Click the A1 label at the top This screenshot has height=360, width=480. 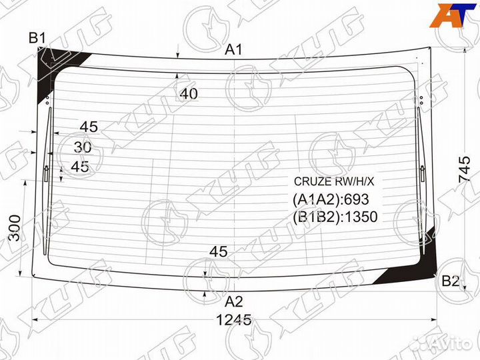click(x=233, y=49)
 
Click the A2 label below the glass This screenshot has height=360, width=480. click(x=233, y=301)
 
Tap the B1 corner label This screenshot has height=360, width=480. click(x=37, y=38)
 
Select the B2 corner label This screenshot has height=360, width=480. click(x=451, y=281)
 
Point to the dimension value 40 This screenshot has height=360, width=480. click(x=189, y=95)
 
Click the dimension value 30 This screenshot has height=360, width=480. click(x=83, y=147)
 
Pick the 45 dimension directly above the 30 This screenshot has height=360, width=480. click(x=88, y=127)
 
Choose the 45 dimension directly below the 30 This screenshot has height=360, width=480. click(x=80, y=167)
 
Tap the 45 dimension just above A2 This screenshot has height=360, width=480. click(x=219, y=252)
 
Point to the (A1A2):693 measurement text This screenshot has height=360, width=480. click(x=331, y=199)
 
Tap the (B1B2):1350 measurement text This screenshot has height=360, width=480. click(x=335, y=217)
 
